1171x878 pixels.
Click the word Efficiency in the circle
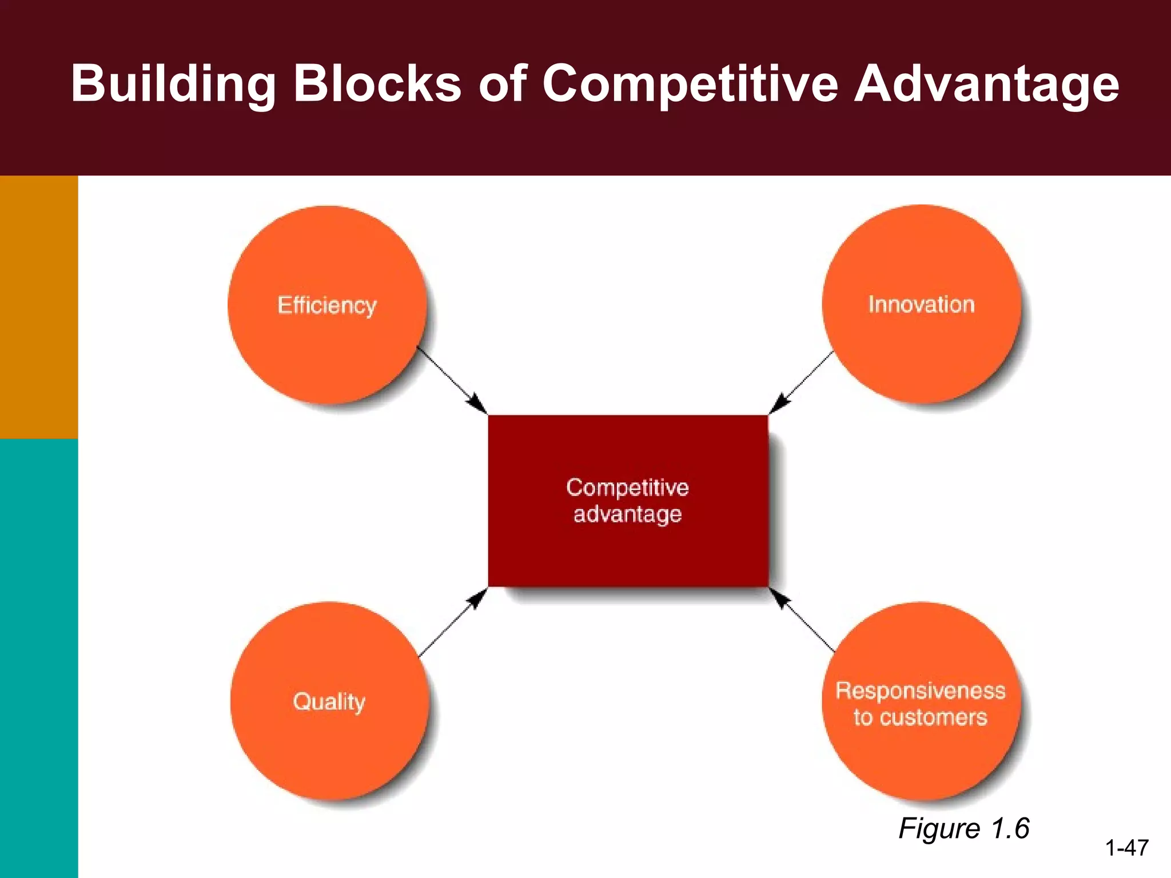coord(327,305)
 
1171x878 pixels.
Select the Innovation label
coord(921,304)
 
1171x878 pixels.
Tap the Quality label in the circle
coord(329,701)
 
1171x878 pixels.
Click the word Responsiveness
coord(920,691)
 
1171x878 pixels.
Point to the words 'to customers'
coord(920,717)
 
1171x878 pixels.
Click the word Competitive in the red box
coord(627,487)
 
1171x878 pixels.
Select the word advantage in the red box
coord(627,514)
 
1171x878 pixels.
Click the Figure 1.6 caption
coord(963,828)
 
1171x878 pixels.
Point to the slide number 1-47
coord(1126,848)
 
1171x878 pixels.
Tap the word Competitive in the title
coord(688,84)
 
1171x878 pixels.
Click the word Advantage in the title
coord(986,84)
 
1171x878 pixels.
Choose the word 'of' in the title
coord(502,84)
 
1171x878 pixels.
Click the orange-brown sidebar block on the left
coord(39,307)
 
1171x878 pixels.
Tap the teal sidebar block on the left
coord(39,657)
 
